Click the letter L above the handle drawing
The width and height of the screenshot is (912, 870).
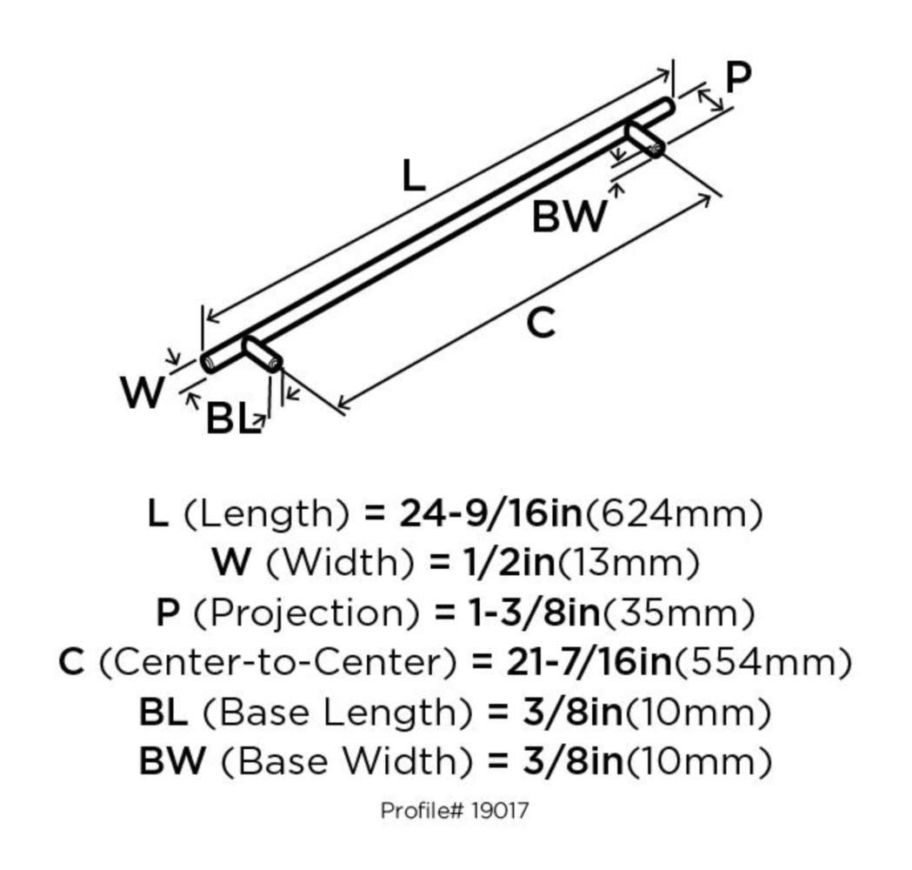click(414, 177)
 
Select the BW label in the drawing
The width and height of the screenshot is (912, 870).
click(569, 216)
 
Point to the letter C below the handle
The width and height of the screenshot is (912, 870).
click(541, 323)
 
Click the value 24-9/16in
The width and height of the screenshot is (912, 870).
click(490, 513)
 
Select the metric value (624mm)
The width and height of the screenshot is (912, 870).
click(672, 514)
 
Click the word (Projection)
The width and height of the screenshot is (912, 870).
click(306, 612)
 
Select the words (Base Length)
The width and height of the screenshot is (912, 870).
click(336, 713)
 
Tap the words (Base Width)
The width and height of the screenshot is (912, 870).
click(347, 761)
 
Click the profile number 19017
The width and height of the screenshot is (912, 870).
click(500, 809)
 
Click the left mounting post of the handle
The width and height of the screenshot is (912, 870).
click(262, 354)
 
